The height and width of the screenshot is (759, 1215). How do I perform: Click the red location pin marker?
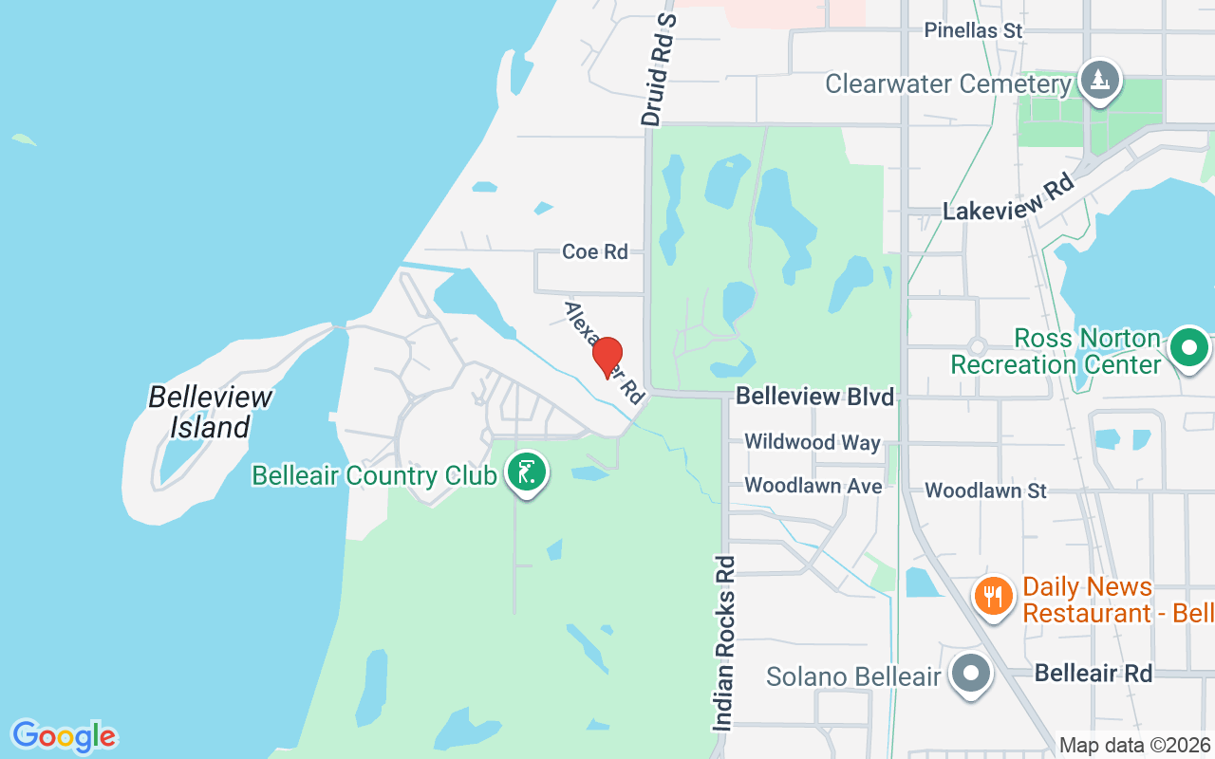607,357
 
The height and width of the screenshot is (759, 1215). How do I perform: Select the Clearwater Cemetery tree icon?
1099,80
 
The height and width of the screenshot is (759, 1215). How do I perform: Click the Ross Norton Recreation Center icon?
1188,348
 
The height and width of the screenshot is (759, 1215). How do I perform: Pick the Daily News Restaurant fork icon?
993,597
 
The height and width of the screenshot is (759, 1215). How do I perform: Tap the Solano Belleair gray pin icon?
970,676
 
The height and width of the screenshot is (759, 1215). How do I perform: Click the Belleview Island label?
210,412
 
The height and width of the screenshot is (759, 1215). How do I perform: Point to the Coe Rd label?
595,251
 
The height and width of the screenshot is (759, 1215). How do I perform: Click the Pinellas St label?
974,30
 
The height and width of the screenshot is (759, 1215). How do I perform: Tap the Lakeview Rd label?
1008,197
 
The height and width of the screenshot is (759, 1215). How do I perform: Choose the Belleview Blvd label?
815,396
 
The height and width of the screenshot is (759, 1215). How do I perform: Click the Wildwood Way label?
813,442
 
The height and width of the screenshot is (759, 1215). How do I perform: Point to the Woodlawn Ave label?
813,486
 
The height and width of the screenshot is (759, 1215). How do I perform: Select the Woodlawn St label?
985,491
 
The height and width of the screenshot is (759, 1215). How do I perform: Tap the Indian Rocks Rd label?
724,643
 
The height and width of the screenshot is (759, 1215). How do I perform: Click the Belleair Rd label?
1093,674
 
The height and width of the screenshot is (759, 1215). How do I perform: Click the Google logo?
65,736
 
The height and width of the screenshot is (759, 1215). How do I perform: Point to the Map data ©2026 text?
1134,746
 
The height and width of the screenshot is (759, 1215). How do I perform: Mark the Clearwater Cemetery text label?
948,83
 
